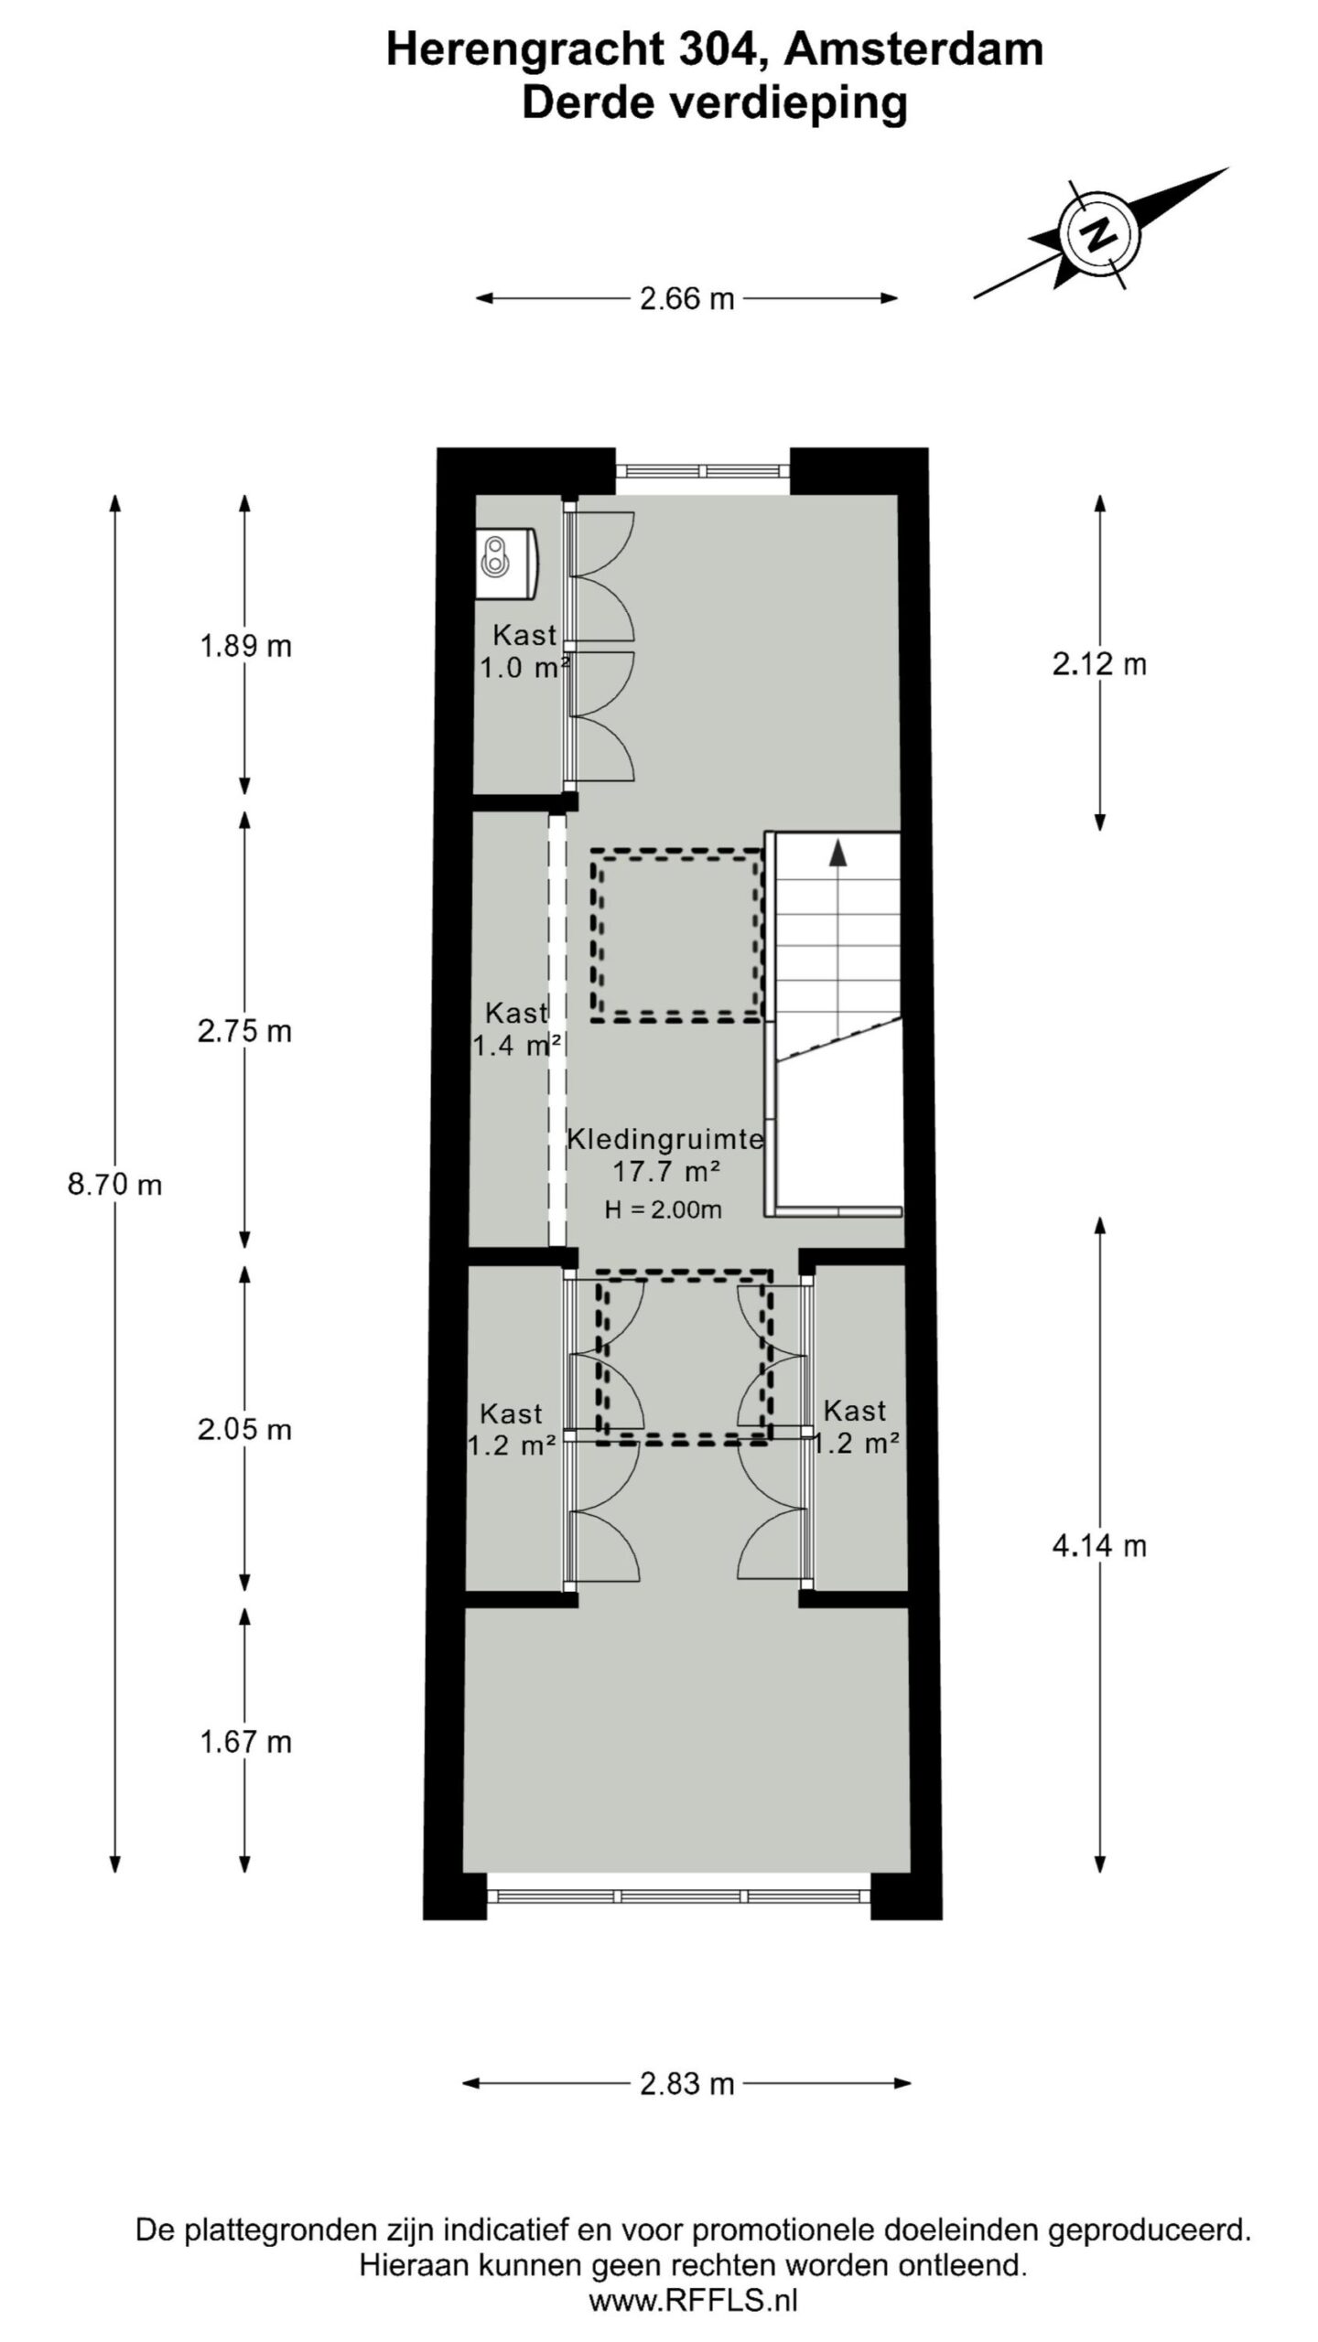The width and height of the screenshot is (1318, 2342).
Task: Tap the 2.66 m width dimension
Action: pyautogui.click(x=686, y=299)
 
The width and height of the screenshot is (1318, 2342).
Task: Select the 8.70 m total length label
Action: pyautogui.click(x=114, y=1186)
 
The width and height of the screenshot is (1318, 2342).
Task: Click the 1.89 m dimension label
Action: pyautogui.click(x=245, y=647)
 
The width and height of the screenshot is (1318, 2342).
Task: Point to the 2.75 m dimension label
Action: pyautogui.click(x=244, y=1032)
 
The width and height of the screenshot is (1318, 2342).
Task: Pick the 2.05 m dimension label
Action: pyautogui.click(x=244, y=1430)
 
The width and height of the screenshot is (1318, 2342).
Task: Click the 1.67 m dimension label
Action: pyautogui.click(x=245, y=1742)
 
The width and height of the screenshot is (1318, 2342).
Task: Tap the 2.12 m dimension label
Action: pyautogui.click(x=1099, y=664)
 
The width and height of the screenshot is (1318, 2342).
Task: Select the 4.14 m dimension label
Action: pyautogui.click(x=1099, y=1547)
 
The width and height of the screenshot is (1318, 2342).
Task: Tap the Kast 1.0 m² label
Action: pyautogui.click(x=524, y=651)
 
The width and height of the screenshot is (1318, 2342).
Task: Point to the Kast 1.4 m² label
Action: pyautogui.click(x=516, y=1029)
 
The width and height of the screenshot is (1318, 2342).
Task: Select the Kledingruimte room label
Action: pyautogui.click(x=665, y=1140)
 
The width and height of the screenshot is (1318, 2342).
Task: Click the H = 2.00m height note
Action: pyautogui.click(x=663, y=1210)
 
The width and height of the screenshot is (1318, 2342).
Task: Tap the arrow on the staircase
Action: pyautogui.click(x=837, y=853)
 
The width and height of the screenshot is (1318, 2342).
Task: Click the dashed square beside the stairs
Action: pyautogui.click(x=677, y=936)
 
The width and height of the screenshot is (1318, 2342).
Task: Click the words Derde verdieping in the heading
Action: pyautogui.click(x=714, y=102)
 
